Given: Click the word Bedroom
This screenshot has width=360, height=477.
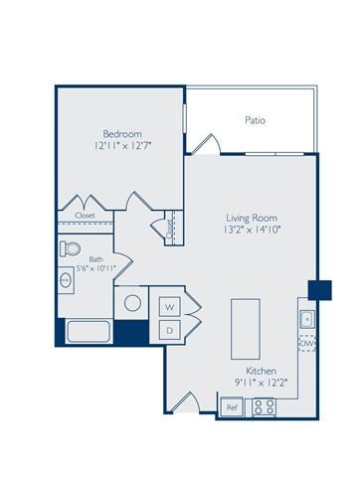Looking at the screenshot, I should (122, 132).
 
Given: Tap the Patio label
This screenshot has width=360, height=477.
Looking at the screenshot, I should (255, 120).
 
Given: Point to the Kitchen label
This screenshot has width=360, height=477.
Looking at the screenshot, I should (247, 367).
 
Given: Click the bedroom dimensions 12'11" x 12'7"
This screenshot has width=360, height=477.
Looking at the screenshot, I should (122, 146).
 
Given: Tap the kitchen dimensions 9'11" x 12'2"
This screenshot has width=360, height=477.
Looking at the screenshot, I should (247, 380).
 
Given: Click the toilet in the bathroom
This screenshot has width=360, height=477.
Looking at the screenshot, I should (71, 247).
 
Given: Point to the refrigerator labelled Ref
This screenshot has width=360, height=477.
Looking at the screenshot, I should (231, 406).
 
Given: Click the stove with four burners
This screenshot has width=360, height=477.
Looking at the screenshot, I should (264, 405).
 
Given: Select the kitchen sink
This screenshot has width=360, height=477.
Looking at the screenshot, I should (307, 318).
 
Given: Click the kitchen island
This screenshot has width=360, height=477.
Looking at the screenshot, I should (245, 323).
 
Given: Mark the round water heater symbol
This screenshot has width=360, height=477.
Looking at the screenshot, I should (132, 304).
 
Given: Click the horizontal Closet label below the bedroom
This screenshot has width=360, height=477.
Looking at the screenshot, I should (85, 215).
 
